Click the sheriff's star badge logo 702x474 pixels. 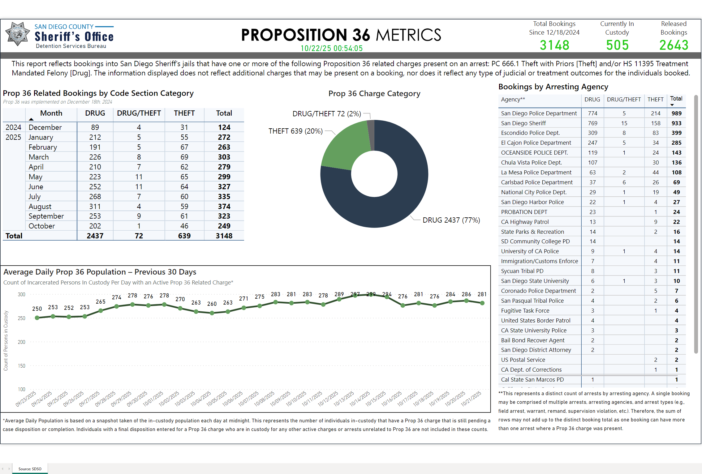[17, 34]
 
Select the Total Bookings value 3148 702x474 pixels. [554, 45]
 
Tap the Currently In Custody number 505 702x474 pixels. [617, 45]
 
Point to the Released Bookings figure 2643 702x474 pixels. [674, 45]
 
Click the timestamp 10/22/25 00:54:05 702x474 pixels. [331, 49]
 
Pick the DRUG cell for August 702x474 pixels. [95, 206]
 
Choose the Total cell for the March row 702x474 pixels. [224, 157]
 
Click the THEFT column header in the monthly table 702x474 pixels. [184, 113]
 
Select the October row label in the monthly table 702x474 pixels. [42, 226]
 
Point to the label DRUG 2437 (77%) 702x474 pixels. [451, 220]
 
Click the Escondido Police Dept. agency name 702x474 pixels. [530, 133]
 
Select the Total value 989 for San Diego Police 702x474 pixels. [676, 113]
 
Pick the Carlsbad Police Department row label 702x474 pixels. [537, 182]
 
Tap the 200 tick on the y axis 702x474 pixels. [21, 342]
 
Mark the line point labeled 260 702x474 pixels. [212, 313]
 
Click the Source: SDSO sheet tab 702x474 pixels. [30, 469]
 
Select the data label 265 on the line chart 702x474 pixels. [101, 302]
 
